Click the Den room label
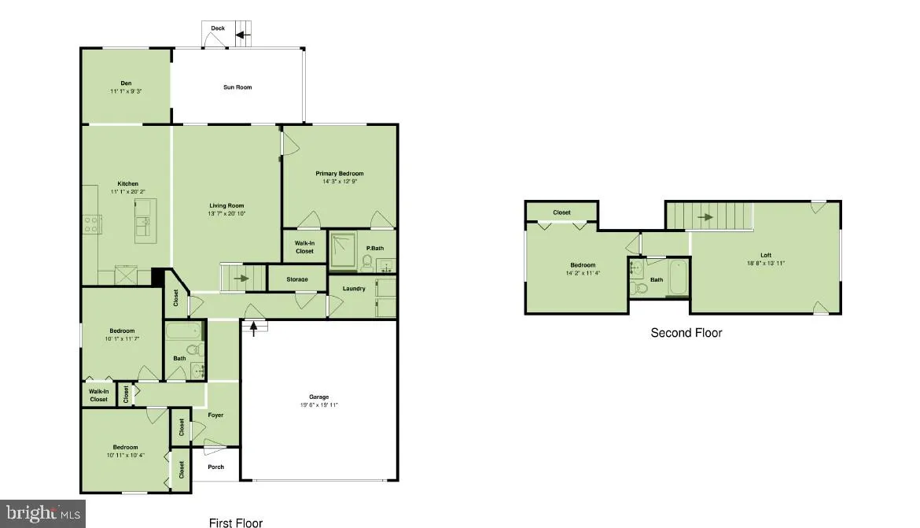click(x=125, y=83)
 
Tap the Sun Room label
click(x=237, y=87)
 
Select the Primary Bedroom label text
click(x=340, y=173)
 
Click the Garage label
click(x=318, y=397)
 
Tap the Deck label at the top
click(x=218, y=28)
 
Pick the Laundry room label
click(x=354, y=288)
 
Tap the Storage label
click(x=297, y=279)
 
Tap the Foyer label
click(x=215, y=415)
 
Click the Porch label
click(x=215, y=467)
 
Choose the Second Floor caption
click(x=686, y=333)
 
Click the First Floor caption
click(x=235, y=522)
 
